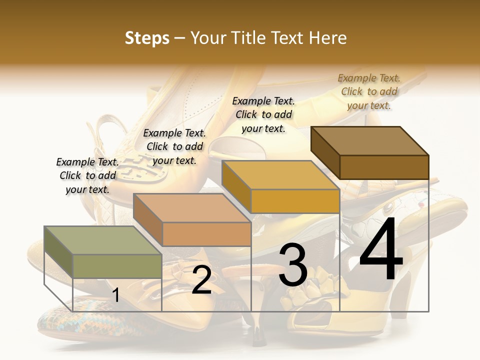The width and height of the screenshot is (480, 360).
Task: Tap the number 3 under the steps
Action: [292, 265]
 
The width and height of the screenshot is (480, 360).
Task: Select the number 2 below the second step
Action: [201, 280]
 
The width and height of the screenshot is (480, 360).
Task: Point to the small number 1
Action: [116, 295]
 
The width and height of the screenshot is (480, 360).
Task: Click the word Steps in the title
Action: [147, 38]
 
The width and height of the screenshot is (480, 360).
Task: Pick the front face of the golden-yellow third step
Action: [295, 201]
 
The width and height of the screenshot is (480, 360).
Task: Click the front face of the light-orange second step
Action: [206, 234]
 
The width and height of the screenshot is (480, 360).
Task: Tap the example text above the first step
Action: [87, 175]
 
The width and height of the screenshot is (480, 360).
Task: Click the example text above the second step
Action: [174, 146]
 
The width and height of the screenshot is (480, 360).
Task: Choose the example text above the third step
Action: [263, 114]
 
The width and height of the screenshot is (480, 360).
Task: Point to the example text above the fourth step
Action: [369, 91]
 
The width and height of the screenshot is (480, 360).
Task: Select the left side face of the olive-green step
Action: [58, 252]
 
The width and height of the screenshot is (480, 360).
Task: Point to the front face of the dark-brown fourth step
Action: [384, 167]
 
